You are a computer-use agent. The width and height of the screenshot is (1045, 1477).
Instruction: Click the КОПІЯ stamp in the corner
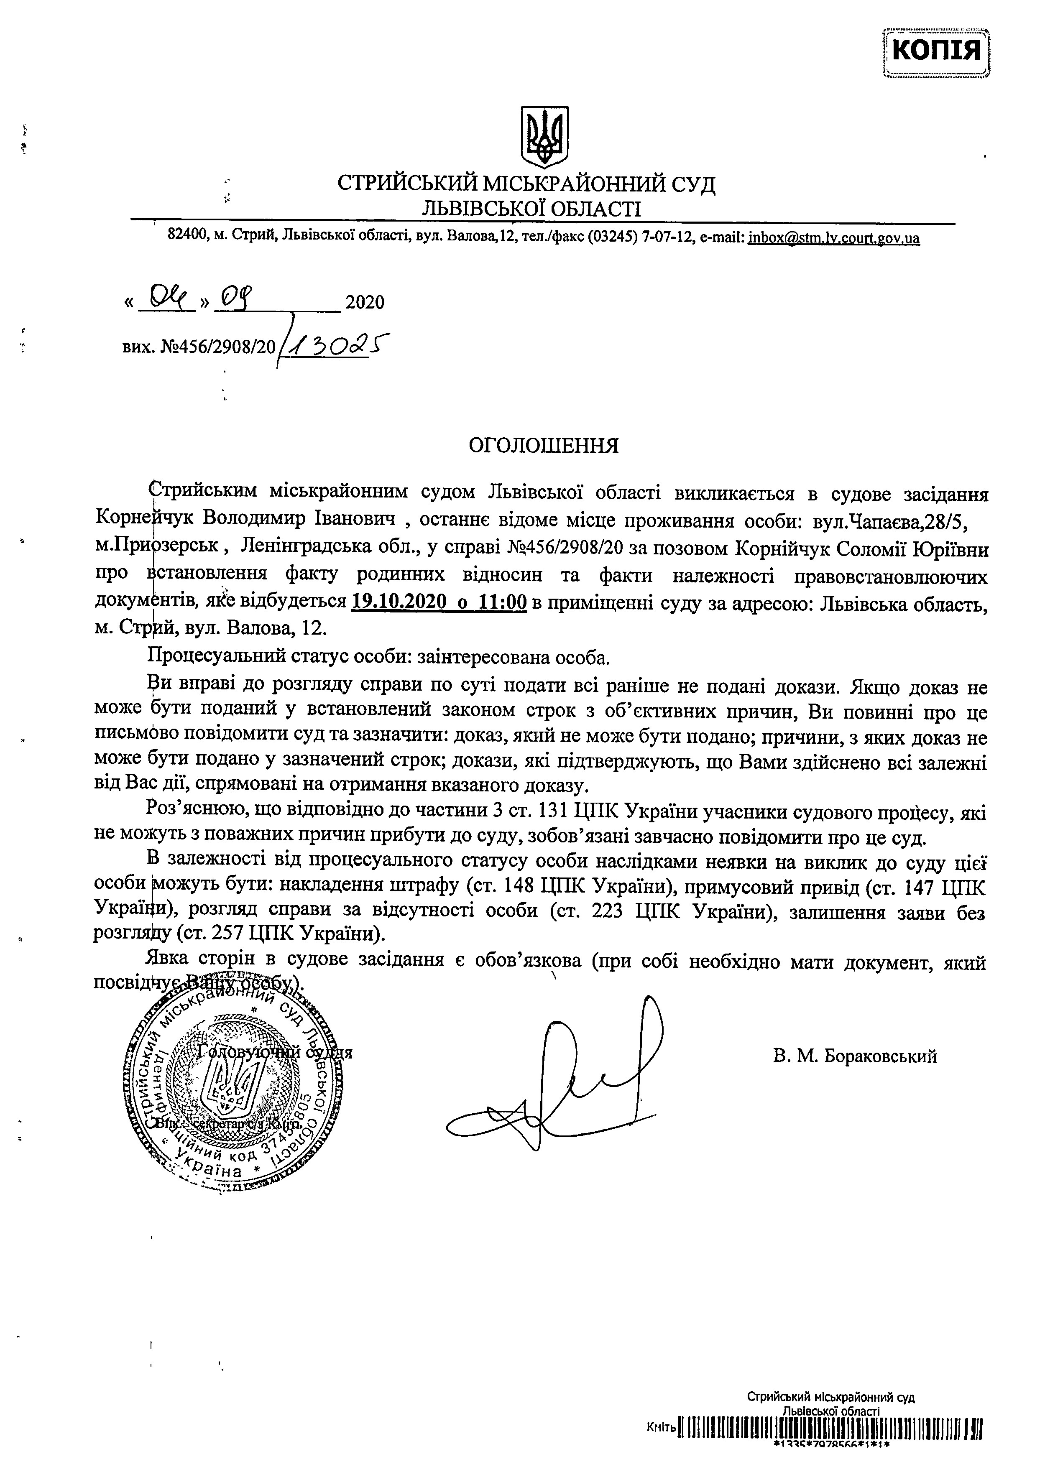pos(936,50)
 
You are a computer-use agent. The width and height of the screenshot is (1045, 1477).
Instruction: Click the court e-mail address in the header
pos(833,238)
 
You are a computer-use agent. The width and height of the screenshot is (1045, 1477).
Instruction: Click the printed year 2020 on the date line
pos(365,302)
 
